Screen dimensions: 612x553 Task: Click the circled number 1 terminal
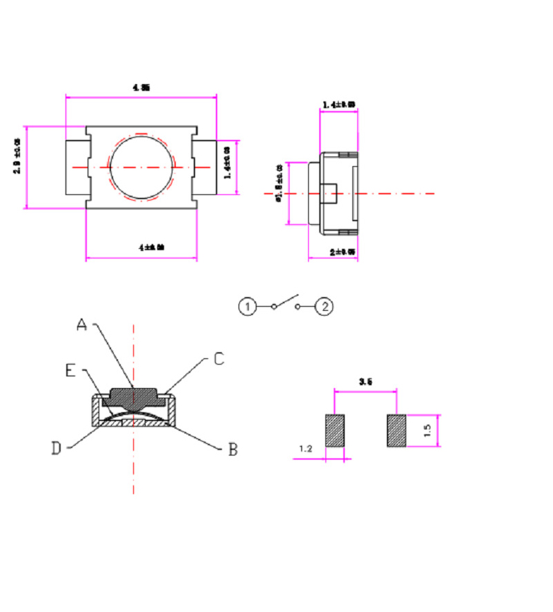click(248, 305)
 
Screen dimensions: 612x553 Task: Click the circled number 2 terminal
click(325, 305)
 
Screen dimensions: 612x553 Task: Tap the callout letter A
click(82, 324)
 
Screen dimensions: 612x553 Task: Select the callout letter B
click(232, 449)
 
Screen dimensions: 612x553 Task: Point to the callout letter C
click(218, 358)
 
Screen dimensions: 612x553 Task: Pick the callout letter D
click(57, 449)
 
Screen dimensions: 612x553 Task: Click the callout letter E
click(70, 371)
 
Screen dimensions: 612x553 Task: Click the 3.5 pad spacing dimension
click(365, 380)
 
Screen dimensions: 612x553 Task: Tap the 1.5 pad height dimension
click(428, 430)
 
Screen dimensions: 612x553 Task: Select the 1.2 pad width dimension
click(306, 449)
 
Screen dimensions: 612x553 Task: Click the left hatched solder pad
click(335, 431)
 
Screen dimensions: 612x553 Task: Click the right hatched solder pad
click(396, 431)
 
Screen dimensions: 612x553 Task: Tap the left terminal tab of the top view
click(77, 167)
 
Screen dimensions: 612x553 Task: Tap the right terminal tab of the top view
click(205, 167)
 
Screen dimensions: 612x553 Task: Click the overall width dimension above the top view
click(141, 88)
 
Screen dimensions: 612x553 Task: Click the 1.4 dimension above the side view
click(339, 105)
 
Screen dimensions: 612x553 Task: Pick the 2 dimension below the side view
click(342, 252)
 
